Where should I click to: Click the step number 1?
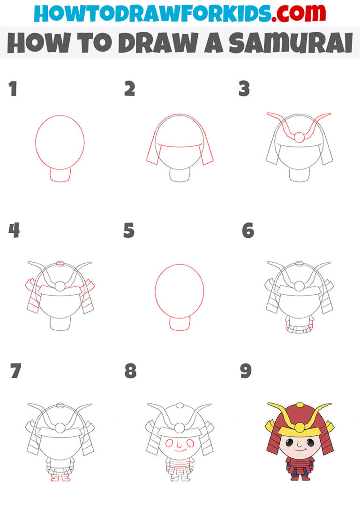pyautogui.click(x=13, y=89)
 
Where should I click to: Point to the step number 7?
pyautogui.click(x=15, y=371)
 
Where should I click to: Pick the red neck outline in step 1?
pyautogui.click(x=60, y=175)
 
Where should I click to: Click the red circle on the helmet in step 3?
pyautogui.click(x=299, y=137)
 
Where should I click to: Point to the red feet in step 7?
pyautogui.click(x=60, y=478)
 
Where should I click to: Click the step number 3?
pyautogui.click(x=244, y=89)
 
